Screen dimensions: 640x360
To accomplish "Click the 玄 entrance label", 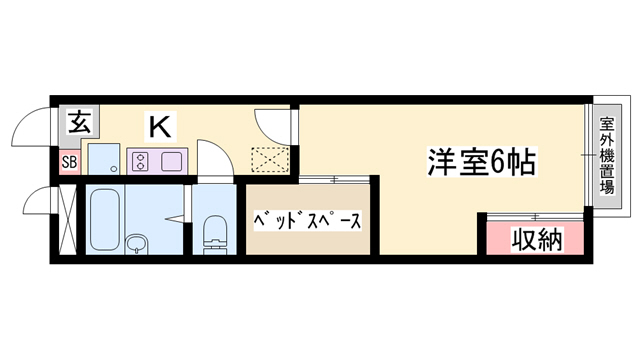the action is tap(77, 123).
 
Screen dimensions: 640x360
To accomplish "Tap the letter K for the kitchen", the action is tap(159, 127).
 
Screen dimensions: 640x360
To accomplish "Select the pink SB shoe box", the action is tap(69, 161).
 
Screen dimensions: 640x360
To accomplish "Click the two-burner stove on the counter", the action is tap(140, 159).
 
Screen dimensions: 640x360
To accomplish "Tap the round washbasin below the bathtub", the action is tap(137, 243).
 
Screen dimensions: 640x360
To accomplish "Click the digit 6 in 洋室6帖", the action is tap(497, 160).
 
